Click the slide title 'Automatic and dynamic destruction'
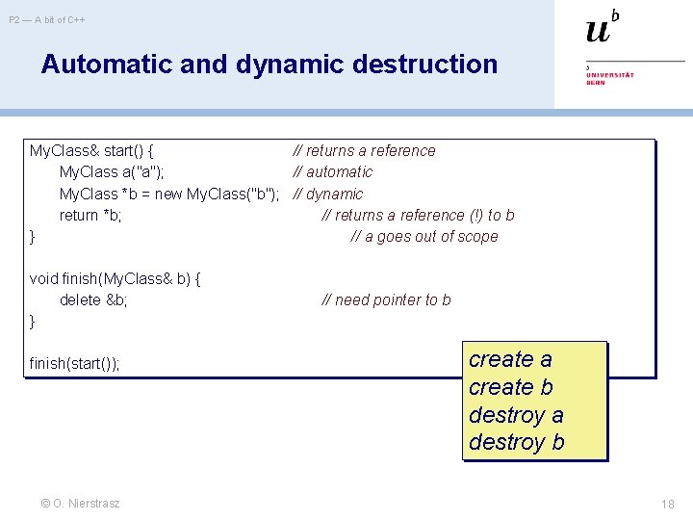[x=269, y=65]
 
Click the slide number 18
[x=668, y=504]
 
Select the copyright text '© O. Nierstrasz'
[x=81, y=503]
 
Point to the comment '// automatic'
[x=333, y=172]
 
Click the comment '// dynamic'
[x=328, y=194]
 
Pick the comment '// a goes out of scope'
[x=424, y=237]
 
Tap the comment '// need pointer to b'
[x=386, y=300]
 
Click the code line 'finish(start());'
[x=75, y=363]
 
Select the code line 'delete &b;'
[x=93, y=300]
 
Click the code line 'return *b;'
[x=90, y=216]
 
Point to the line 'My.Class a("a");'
[x=112, y=172]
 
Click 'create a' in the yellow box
[x=510, y=359]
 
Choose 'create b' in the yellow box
[x=511, y=387]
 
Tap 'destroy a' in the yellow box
[x=516, y=415]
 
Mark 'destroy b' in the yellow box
[x=516, y=443]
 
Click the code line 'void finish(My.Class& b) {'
[x=115, y=279]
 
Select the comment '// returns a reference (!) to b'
[x=418, y=216]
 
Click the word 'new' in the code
[x=168, y=194]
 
